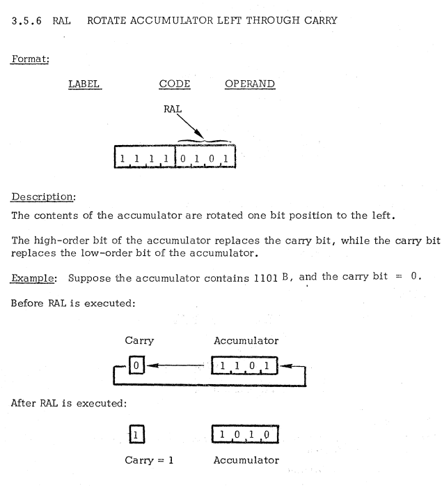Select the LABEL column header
(x=84, y=84)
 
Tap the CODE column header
(x=175, y=84)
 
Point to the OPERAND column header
(x=250, y=84)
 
